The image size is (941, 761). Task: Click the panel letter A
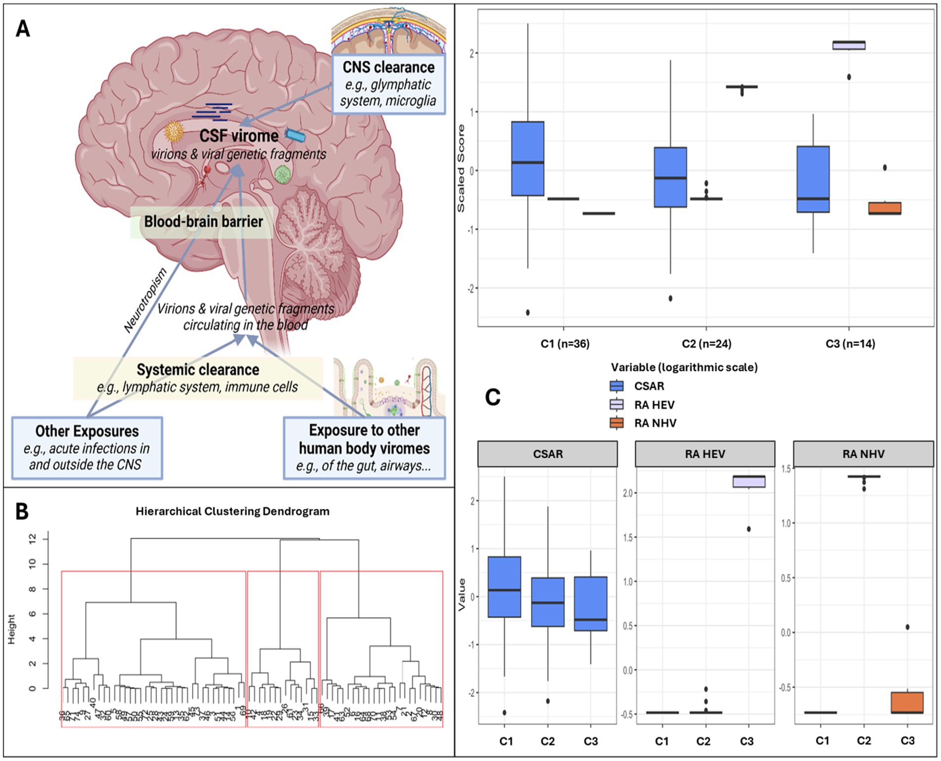[x=23, y=29]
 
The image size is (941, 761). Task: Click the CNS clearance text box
[x=388, y=84]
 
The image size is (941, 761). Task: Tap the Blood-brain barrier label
[x=203, y=222]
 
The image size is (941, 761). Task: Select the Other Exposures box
[x=87, y=448]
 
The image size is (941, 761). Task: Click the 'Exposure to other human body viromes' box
[x=364, y=448]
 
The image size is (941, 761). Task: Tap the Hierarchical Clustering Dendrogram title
[x=233, y=511]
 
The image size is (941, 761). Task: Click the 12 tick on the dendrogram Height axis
[x=33, y=539]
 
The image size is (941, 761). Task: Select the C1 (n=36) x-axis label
[x=565, y=343]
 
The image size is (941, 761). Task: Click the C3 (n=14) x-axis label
[x=850, y=343]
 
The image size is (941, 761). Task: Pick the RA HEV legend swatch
[x=616, y=405]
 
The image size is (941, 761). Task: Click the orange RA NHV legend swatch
[x=616, y=423]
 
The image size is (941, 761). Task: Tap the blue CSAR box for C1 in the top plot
[x=528, y=158]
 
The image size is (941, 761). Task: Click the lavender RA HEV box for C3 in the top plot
[x=849, y=45]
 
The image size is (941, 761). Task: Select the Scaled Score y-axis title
[x=461, y=168]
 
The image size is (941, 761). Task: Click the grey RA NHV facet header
[x=863, y=454]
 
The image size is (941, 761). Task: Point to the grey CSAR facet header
[x=548, y=454]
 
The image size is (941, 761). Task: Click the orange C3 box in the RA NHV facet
[x=907, y=703]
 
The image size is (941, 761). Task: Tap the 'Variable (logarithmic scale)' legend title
[x=684, y=367]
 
